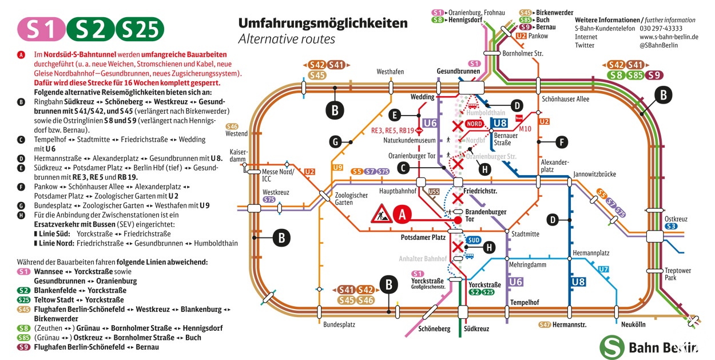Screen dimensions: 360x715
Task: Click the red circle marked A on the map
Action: click(402, 214)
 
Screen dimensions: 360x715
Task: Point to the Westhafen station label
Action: click(390, 72)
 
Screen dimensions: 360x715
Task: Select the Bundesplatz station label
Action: click(339, 325)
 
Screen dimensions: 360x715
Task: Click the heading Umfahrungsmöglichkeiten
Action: click(323, 23)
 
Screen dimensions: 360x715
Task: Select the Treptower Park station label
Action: click(678, 274)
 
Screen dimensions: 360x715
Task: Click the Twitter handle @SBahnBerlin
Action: click(658, 45)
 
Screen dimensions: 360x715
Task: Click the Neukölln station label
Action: click(633, 325)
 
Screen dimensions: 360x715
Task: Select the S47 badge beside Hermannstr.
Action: click(545, 325)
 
